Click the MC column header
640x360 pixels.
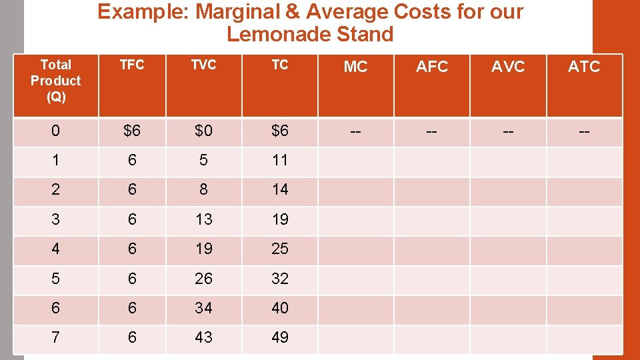click(x=355, y=67)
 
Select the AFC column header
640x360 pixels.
click(x=432, y=67)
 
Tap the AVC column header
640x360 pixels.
click(x=508, y=67)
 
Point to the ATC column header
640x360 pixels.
click(x=584, y=67)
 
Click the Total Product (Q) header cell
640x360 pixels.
click(x=55, y=81)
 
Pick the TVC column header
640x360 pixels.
click(x=203, y=65)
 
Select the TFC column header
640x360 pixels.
click(x=132, y=65)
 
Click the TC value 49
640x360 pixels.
click(x=280, y=338)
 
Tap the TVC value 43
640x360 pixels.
click(x=203, y=338)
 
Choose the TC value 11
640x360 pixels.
click(x=280, y=160)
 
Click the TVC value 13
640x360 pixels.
click(x=203, y=219)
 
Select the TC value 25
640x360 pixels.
click(x=280, y=249)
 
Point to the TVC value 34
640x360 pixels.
click(x=203, y=308)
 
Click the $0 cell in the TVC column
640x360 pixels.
click(x=203, y=131)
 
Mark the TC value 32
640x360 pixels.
click(x=280, y=279)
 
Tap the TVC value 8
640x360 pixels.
click(x=203, y=189)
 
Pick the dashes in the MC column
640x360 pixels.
click(x=355, y=131)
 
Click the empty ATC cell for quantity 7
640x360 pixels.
click(x=584, y=338)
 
